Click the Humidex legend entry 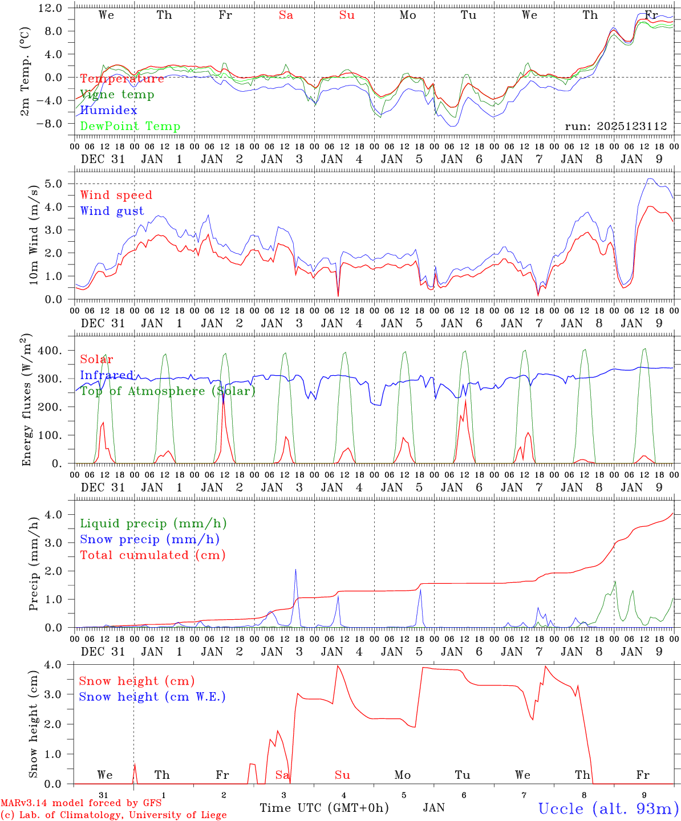pos(108,111)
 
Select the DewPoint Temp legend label pos(130,127)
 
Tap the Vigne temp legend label pos(117,95)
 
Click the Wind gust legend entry pos(112,211)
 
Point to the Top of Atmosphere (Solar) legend pos(167,391)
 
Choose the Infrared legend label pos(107,375)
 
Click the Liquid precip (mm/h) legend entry pos(153,523)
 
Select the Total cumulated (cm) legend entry pos(152,555)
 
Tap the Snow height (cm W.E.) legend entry pos(152,697)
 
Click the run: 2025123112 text pos(615,127)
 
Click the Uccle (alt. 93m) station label pos(609,808)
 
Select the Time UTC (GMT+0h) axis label pos(324,808)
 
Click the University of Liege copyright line pos(113,815)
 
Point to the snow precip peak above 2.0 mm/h pos(295,570)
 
